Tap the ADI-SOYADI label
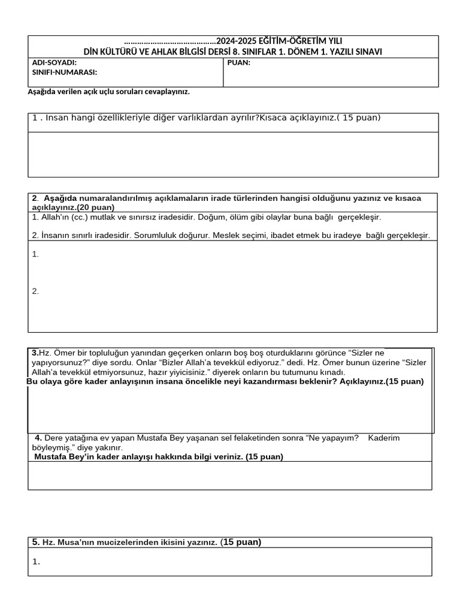[54, 62]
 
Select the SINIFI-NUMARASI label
[64, 73]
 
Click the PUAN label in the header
[239, 62]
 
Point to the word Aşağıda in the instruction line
[42, 92]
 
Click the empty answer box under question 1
[233, 154]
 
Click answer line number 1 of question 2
[35, 254]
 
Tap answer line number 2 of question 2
[35, 291]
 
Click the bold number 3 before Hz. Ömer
[35, 353]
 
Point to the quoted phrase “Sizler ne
[365, 353]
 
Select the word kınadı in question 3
[333, 372]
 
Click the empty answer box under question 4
[230, 475]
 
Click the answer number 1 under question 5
[36, 562]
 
